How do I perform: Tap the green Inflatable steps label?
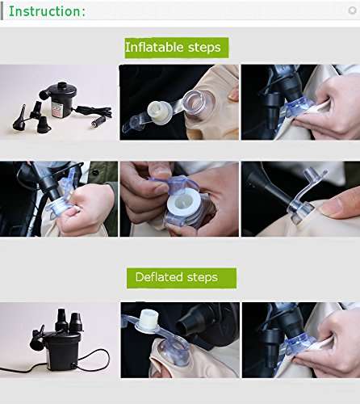[177, 48]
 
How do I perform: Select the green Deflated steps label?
[182, 278]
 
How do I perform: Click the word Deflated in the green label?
[159, 277]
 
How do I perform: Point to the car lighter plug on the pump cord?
[96, 124]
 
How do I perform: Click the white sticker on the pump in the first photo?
[57, 109]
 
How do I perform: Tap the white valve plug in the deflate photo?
[148, 321]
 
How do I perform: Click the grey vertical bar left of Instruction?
[2, 12]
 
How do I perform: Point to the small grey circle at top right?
[352, 11]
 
